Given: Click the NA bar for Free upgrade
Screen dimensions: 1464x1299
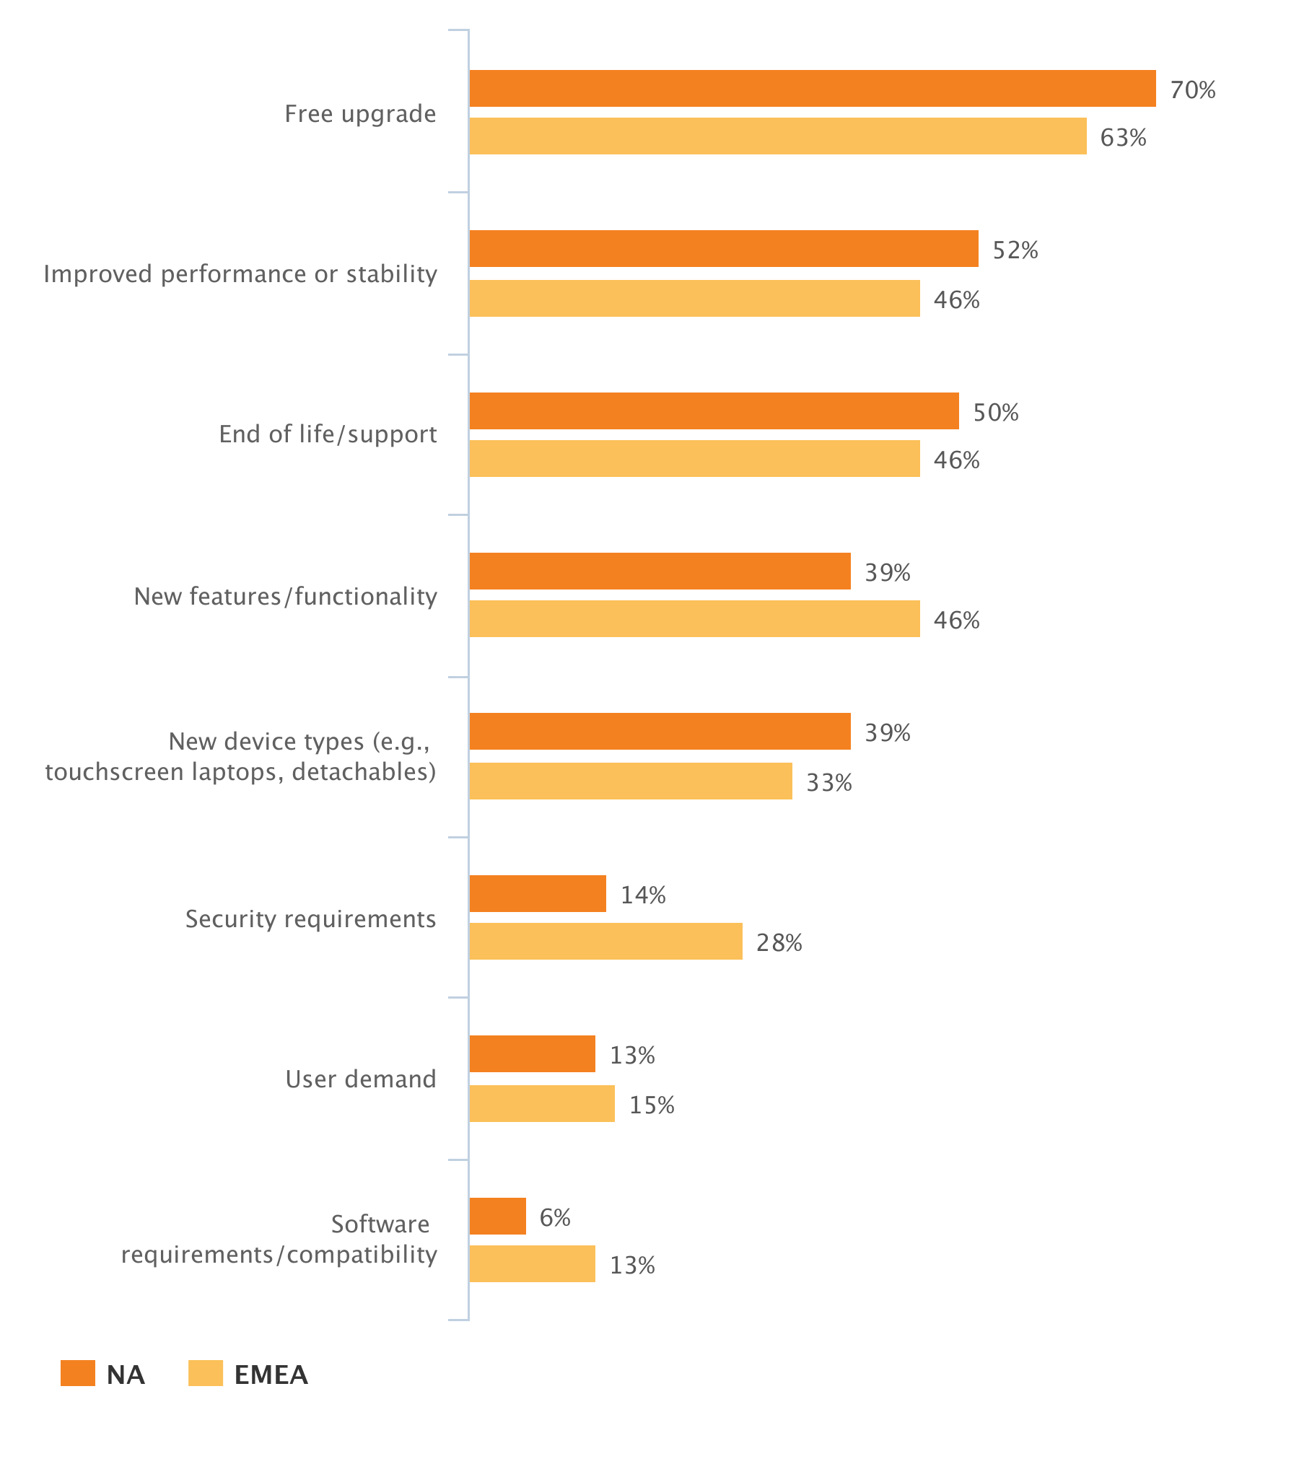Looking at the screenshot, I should click(x=812, y=88).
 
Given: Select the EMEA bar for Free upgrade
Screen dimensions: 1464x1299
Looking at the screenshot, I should click(x=777, y=136).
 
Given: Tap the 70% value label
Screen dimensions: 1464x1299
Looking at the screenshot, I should click(x=1192, y=90).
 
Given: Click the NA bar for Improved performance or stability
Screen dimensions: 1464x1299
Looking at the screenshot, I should click(x=723, y=248).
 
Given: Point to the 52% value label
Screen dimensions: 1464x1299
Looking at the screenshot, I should click(x=1015, y=250).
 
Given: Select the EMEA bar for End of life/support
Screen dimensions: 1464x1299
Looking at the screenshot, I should click(x=694, y=458).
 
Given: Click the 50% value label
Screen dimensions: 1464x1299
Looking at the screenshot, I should click(x=995, y=413).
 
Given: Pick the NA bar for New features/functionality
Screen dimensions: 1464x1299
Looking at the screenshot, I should click(x=660, y=571).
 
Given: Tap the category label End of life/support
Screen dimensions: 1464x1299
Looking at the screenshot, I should click(x=328, y=434).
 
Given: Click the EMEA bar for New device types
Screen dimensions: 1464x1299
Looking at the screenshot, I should click(x=630, y=781).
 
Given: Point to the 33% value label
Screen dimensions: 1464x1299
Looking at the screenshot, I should click(x=828, y=783).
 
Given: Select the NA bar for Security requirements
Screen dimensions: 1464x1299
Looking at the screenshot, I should click(x=538, y=893).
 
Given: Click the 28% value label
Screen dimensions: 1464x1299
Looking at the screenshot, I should click(x=779, y=943).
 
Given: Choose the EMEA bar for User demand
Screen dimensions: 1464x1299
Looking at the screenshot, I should click(x=542, y=1103).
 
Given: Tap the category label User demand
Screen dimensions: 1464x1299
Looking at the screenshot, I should click(x=361, y=1079).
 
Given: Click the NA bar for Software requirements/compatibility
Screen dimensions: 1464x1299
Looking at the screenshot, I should click(x=497, y=1216).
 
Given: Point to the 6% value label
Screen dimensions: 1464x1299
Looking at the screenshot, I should click(x=554, y=1218).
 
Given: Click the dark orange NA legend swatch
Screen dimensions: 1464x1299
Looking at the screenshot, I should click(x=77, y=1373).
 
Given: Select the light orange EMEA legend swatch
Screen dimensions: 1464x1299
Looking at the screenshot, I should click(x=205, y=1373).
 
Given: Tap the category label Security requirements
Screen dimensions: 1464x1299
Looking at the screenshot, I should click(x=310, y=919).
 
